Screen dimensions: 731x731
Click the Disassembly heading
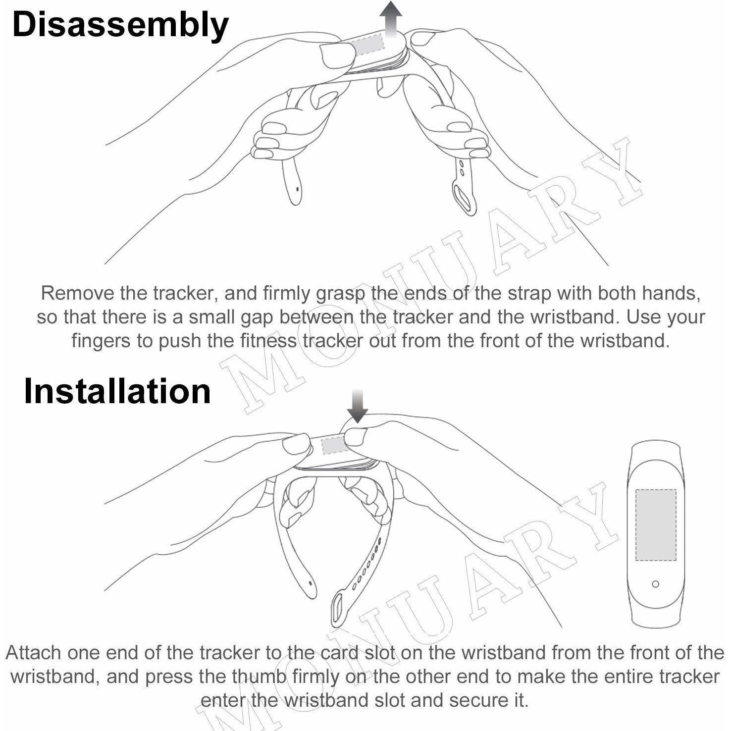[120, 25]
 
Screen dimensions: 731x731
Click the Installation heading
[117, 391]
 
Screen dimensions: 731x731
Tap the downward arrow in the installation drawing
[357, 406]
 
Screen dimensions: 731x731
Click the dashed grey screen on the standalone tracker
[656, 525]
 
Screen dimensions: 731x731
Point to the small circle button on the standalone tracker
[655, 584]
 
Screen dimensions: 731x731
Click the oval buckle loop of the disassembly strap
[465, 199]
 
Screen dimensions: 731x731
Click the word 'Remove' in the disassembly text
[77, 293]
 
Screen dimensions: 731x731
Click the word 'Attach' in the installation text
[34, 653]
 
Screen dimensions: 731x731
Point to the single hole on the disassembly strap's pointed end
[296, 189]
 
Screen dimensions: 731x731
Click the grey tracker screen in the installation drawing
[332, 446]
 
